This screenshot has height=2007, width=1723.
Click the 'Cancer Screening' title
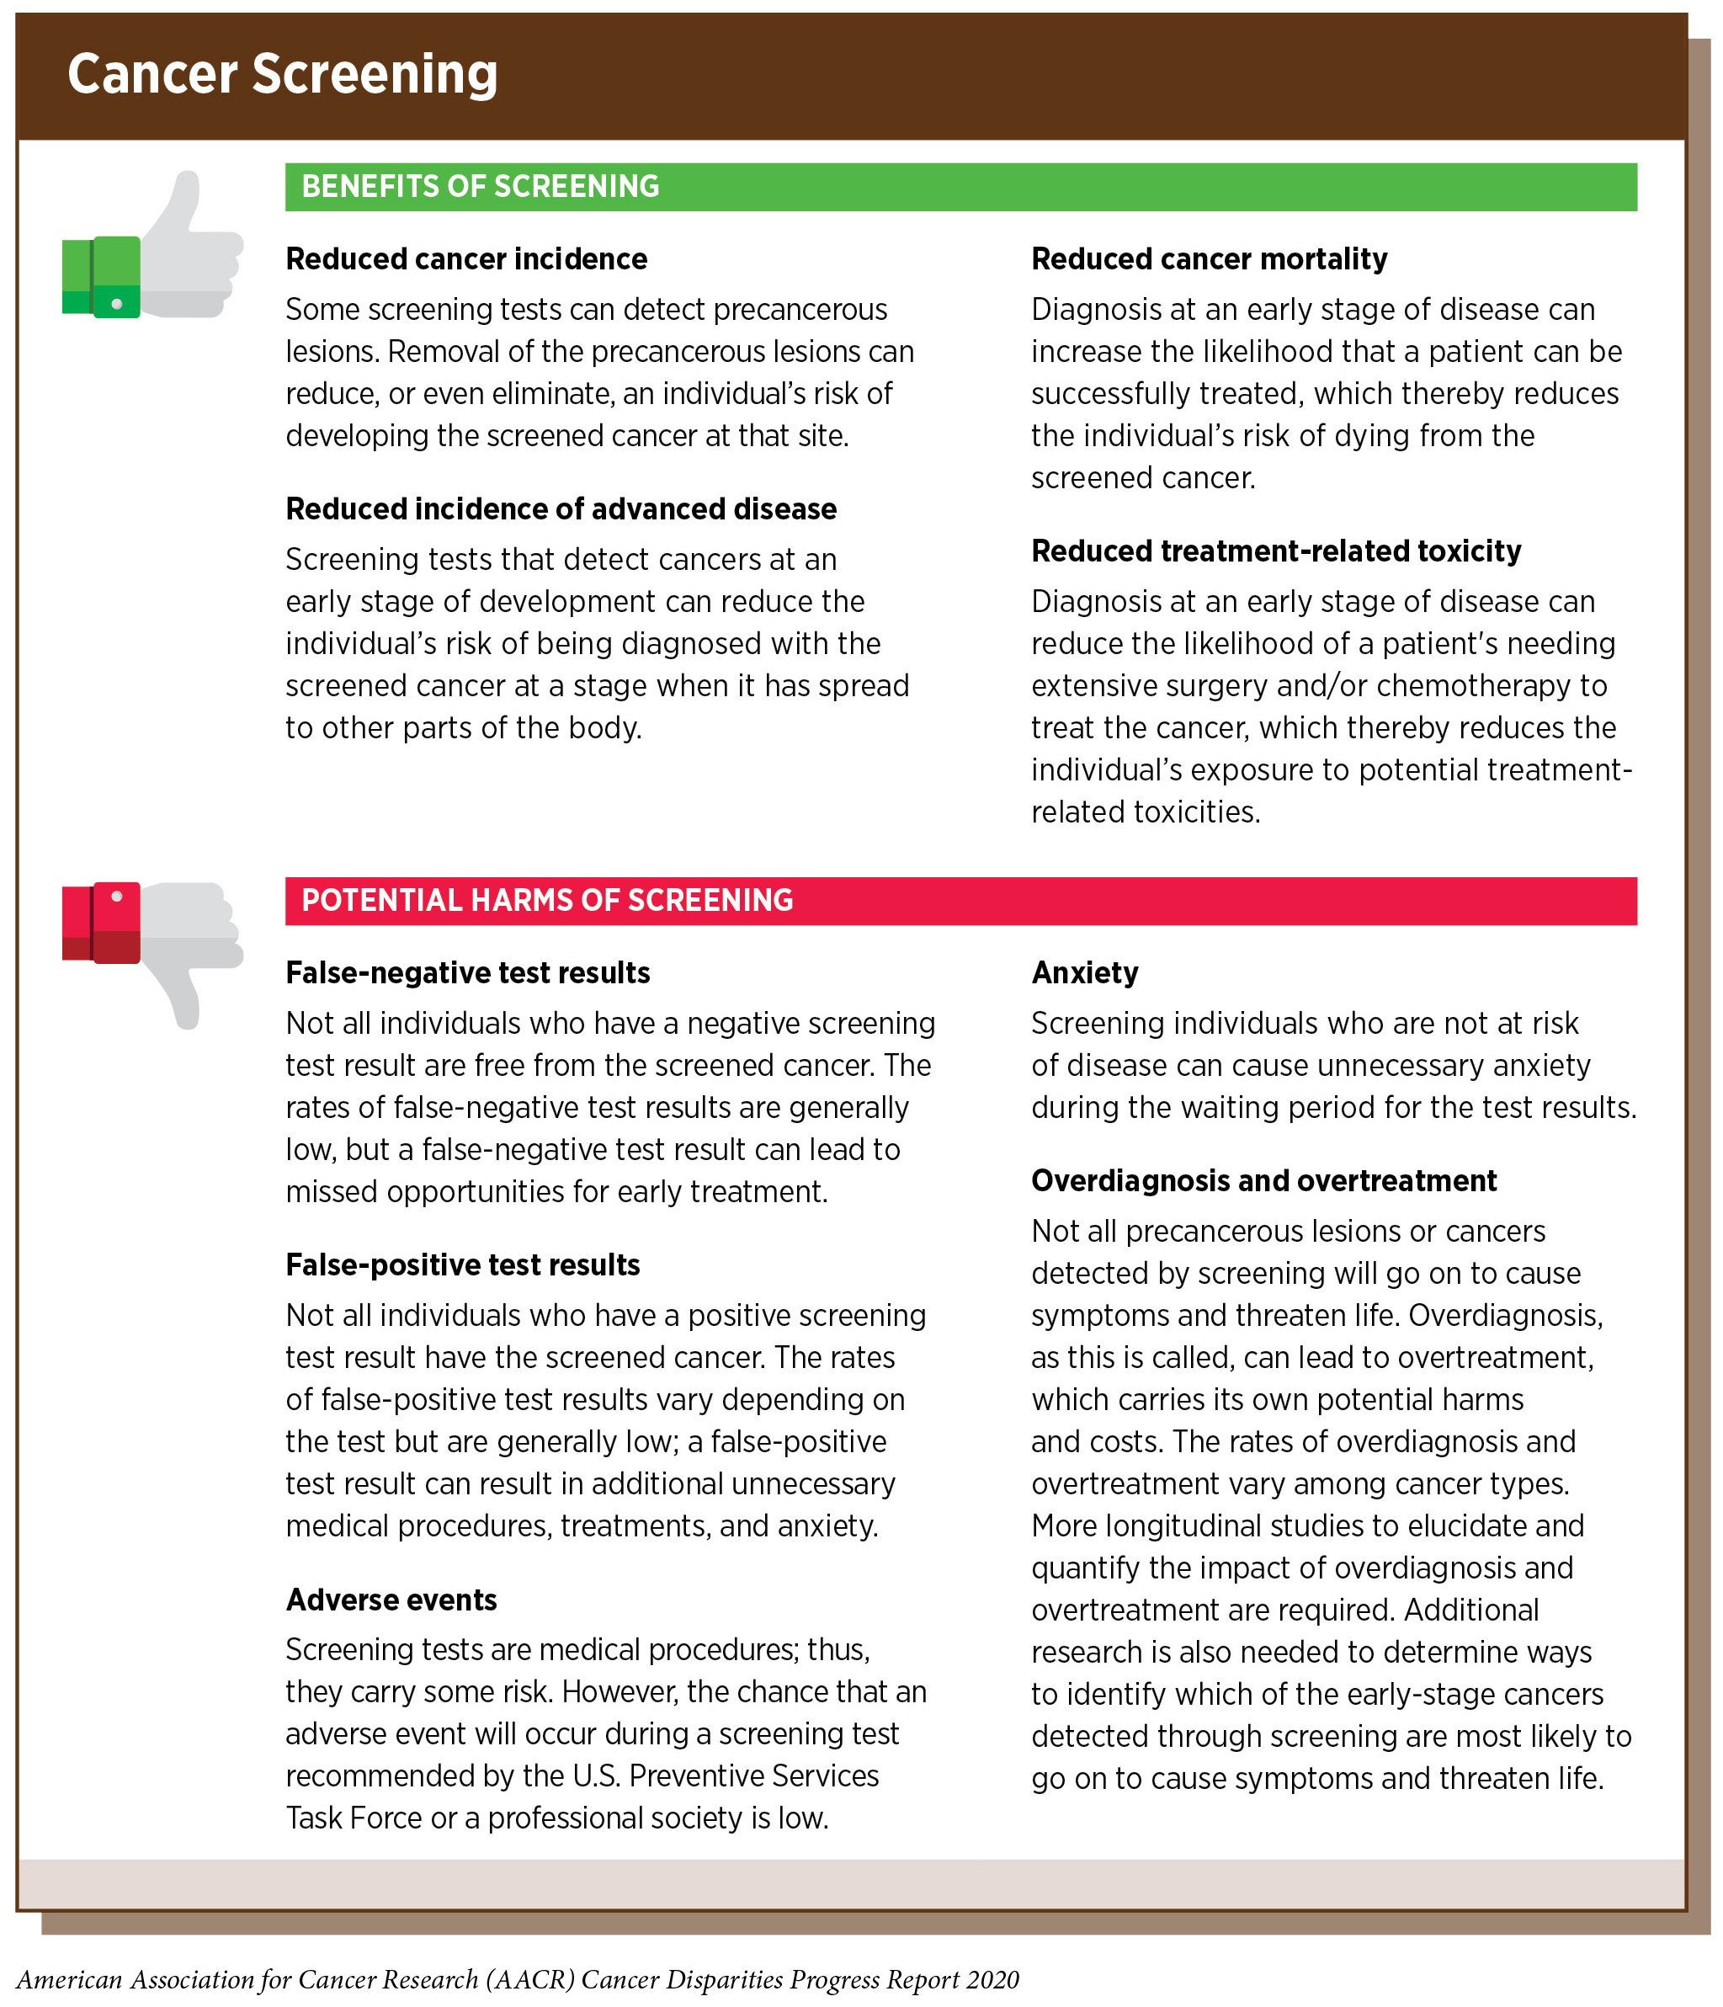pos(282,75)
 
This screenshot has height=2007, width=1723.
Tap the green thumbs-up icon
pos(152,247)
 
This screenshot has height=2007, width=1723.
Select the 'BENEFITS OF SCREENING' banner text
pos(481,186)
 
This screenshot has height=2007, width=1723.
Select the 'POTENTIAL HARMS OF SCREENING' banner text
pos(547,900)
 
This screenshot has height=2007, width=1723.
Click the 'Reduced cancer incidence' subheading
pos(465,258)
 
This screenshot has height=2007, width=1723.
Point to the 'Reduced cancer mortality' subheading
pos(1209,258)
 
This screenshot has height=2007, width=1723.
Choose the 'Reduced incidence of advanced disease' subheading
pos(561,508)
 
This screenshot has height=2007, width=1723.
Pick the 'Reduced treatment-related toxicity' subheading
pos(1275,551)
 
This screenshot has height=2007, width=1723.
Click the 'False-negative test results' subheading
pos(468,972)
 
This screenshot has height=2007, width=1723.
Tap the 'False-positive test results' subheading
pos(463,1264)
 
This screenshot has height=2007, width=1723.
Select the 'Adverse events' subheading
pos(391,1600)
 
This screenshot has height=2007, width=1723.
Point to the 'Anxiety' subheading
pos(1085,972)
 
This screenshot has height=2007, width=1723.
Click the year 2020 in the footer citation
pos(992,1979)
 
